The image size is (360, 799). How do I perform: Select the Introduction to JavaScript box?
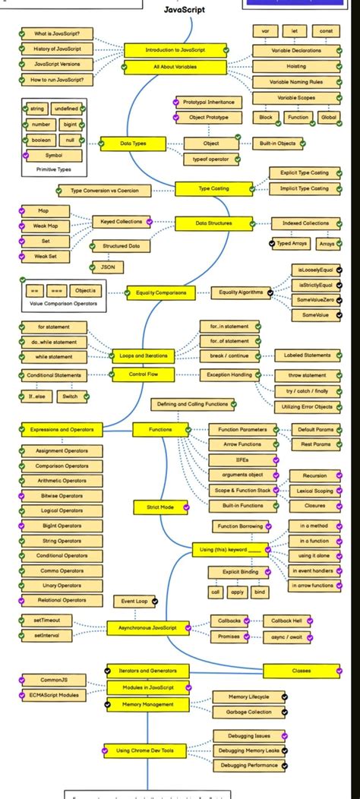click(x=175, y=50)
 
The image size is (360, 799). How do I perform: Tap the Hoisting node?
click(x=296, y=66)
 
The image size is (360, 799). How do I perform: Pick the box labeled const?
click(x=326, y=31)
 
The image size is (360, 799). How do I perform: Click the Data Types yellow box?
click(x=133, y=143)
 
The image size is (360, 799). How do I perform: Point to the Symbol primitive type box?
click(x=54, y=156)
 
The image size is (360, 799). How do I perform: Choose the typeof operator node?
click(x=211, y=159)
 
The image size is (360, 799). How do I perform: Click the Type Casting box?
click(x=213, y=188)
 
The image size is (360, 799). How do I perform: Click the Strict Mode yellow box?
click(x=155, y=506)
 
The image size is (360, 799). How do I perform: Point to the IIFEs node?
click(x=237, y=460)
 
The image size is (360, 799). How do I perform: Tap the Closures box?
click(x=314, y=505)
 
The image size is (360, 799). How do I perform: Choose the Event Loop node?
click(x=134, y=601)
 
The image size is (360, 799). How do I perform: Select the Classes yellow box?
click(x=302, y=671)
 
